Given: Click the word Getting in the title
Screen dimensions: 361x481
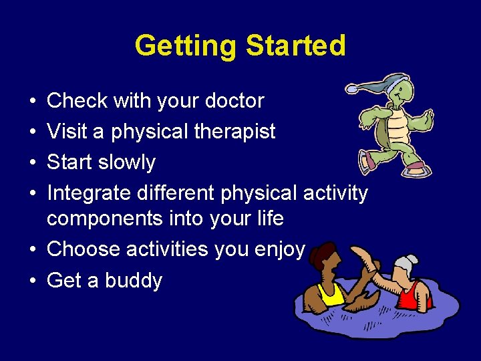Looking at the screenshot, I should pos(186,45).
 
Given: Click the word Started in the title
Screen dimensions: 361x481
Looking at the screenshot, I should pos(295,45).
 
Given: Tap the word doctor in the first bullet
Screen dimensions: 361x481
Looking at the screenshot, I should pos(233,101).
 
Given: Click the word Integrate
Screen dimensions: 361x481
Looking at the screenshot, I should pos(89,193).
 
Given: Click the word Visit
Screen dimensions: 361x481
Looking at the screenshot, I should pos(67,132).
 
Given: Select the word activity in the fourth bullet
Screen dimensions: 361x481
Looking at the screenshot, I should pos(335,193).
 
